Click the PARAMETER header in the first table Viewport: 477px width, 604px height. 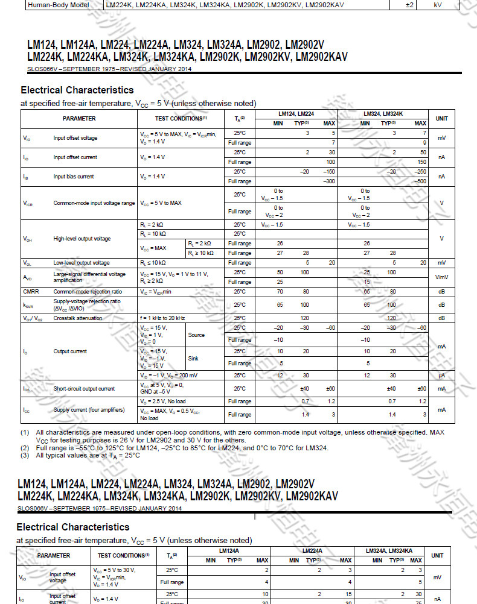click(79, 119)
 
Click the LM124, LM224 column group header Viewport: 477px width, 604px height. click(296, 113)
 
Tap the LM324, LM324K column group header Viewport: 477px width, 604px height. click(383, 113)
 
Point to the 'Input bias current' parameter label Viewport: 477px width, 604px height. click(73, 177)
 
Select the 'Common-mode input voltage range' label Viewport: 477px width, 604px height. click(94, 203)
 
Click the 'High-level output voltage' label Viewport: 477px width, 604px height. click(82, 239)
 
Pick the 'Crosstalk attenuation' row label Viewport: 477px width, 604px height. click(78, 318)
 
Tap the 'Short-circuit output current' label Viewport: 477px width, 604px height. click(84, 389)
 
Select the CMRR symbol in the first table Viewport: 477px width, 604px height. click(31, 292)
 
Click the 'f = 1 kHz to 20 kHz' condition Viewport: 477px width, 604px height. click(162, 318)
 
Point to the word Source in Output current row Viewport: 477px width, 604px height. click(196, 335)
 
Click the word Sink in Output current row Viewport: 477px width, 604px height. click(193, 359)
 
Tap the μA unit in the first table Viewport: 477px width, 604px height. click(441, 376)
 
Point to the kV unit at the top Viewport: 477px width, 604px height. click(438, 5)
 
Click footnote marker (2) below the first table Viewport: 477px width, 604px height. click(25, 448)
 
